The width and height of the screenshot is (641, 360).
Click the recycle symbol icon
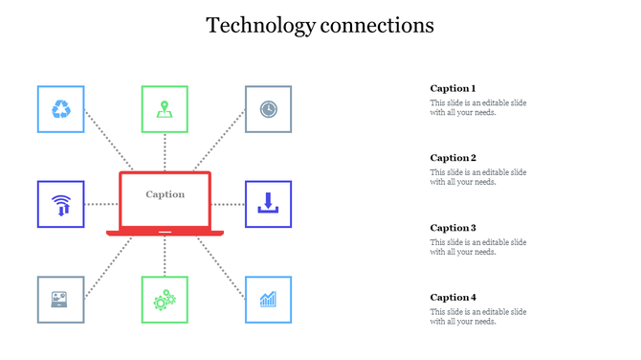[x=60, y=109]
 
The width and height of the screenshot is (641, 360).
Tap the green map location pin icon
[x=165, y=109]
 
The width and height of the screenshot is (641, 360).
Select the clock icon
[x=269, y=109]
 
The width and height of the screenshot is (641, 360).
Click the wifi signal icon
[x=60, y=204]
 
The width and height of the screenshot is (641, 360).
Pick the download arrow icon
[x=269, y=203]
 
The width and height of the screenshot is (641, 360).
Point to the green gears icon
[x=165, y=300]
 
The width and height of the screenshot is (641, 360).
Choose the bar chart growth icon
[x=269, y=300]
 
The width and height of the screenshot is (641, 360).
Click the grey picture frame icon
[x=60, y=300]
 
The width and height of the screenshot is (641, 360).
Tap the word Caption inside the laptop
[x=165, y=194]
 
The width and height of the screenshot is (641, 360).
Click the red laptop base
[x=165, y=233]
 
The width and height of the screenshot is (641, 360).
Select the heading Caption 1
[x=453, y=88]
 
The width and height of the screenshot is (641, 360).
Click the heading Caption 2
[x=453, y=158]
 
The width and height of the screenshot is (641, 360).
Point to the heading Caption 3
[x=453, y=228]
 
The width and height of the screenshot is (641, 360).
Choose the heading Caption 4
[x=453, y=297]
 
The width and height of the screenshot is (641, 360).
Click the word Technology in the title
[x=259, y=25]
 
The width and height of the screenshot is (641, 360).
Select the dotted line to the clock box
[x=221, y=142]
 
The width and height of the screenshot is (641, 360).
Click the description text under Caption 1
[x=477, y=108]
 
